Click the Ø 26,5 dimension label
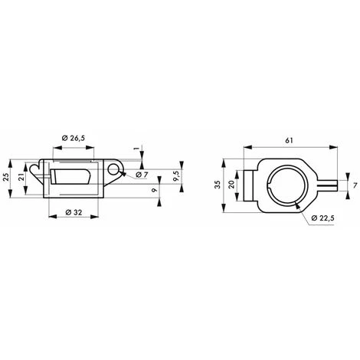pos(74,139)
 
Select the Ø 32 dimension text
pos(74,211)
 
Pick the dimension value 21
pos(22,178)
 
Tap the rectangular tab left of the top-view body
pos(251,185)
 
